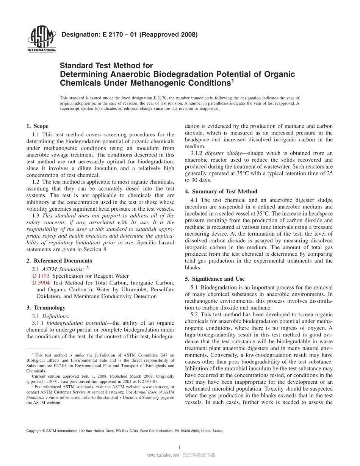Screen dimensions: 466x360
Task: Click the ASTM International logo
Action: [42, 39]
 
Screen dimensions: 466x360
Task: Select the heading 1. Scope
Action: [37, 126]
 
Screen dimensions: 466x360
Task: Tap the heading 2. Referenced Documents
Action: [59, 261]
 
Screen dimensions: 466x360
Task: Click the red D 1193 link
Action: [41, 276]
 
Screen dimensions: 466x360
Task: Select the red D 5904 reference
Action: [41, 283]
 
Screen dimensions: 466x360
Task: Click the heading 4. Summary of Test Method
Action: [221, 191]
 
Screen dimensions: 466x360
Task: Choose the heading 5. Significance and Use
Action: [214, 279]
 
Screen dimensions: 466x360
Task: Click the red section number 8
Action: [105, 249]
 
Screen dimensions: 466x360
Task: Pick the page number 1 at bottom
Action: [179, 447]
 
